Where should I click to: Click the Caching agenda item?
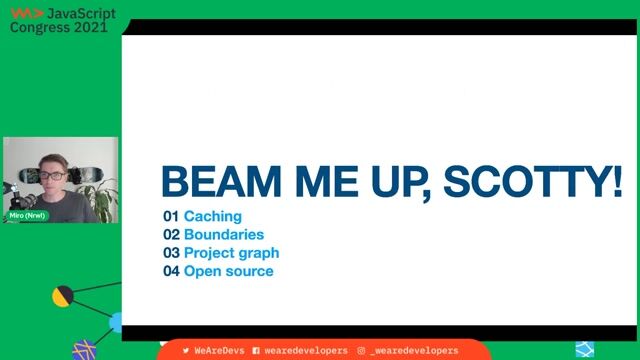click(212, 216)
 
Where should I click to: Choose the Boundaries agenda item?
click(224, 234)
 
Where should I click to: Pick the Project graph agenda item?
click(231, 253)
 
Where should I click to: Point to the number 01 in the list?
click(170, 216)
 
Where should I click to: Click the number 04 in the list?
click(170, 271)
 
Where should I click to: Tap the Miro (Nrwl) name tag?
click(28, 215)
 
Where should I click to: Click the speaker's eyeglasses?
click(49, 175)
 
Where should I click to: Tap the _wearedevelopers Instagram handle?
click(413, 351)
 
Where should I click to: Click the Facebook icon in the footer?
click(256, 351)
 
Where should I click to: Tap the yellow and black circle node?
click(63, 296)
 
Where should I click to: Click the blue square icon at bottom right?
click(585, 349)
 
